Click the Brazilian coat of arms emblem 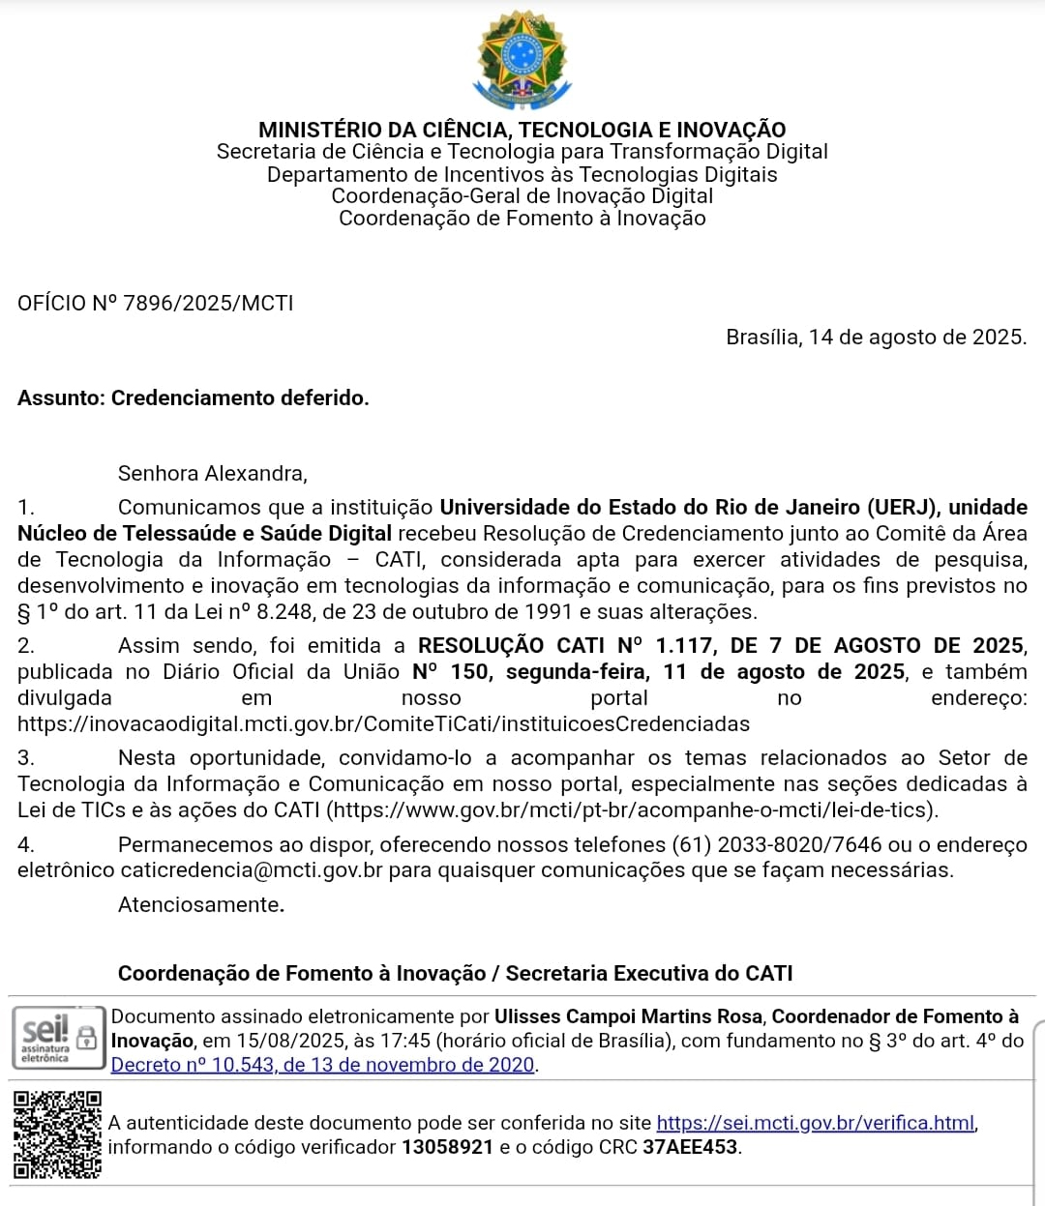[x=522, y=59]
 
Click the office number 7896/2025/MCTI [x=208, y=303]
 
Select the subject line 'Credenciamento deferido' [x=240, y=397]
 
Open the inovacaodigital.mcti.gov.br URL [x=383, y=723]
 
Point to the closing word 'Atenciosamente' [x=199, y=904]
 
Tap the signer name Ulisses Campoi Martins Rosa [x=630, y=1016]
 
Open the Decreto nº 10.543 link [x=323, y=1065]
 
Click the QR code [x=57, y=1134]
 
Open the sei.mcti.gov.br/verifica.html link [x=815, y=1123]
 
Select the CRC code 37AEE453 [x=690, y=1147]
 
